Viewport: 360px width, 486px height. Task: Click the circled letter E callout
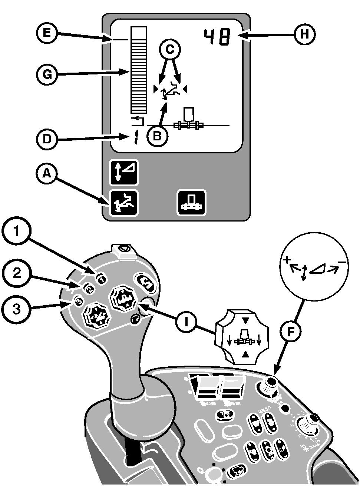pyautogui.click(x=46, y=33)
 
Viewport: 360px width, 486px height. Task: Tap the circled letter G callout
pyautogui.click(x=46, y=74)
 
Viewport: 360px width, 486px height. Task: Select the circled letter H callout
pyautogui.click(x=305, y=35)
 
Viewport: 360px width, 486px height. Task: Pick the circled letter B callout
pyautogui.click(x=157, y=136)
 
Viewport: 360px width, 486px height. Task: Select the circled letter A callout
pyautogui.click(x=46, y=173)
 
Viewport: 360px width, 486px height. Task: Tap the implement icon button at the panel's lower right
pyautogui.click(x=191, y=203)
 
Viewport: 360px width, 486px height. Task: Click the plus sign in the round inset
pyautogui.click(x=286, y=260)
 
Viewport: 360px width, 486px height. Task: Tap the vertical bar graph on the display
pyautogui.click(x=138, y=70)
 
